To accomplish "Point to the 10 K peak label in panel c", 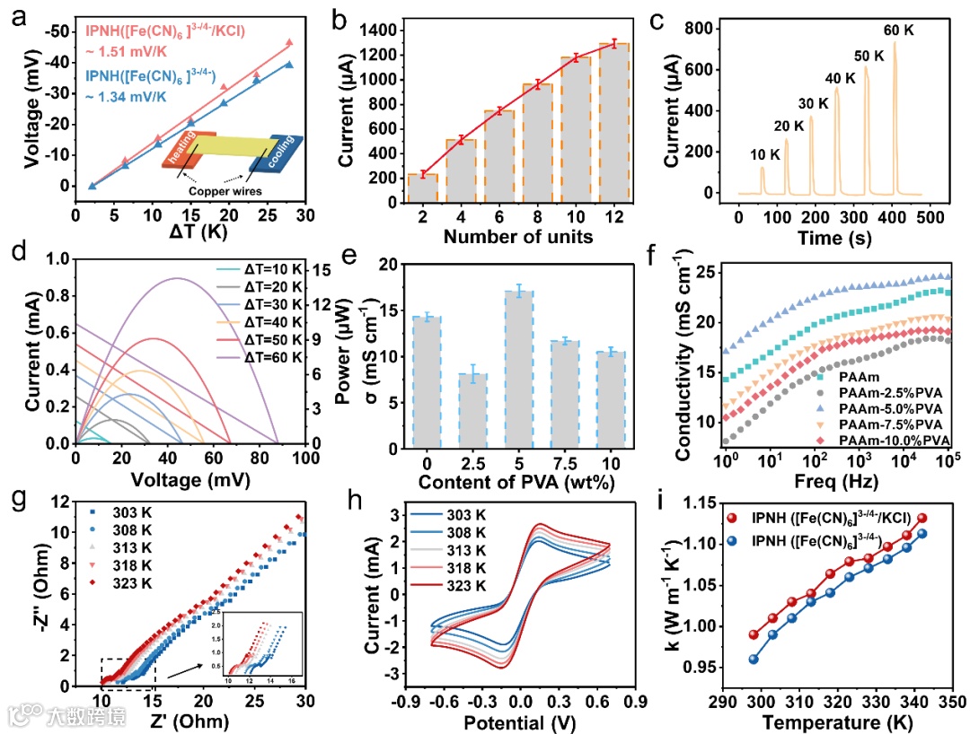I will pyautogui.click(x=764, y=154).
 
